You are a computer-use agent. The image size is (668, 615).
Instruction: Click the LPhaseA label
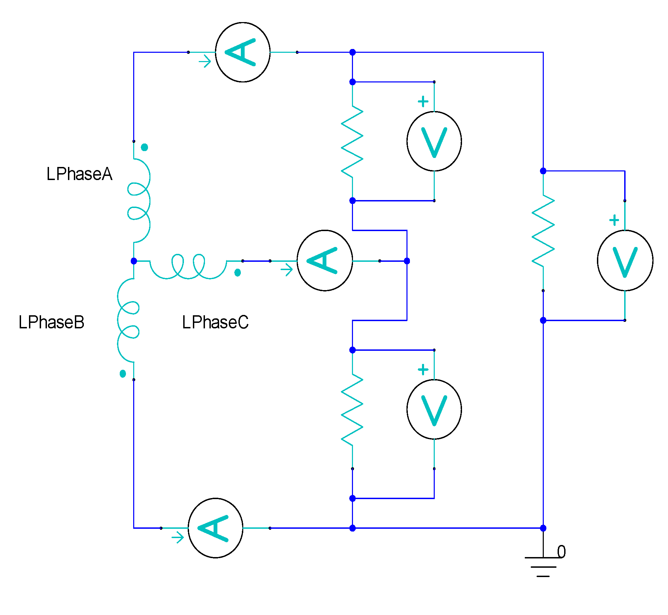click(79, 174)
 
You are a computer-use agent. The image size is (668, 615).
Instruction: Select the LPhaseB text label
click(51, 322)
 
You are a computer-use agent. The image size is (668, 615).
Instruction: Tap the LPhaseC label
click(215, 322)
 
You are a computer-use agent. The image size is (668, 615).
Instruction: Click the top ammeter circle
click(243, 52)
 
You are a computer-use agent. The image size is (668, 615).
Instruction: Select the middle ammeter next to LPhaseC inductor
click(324, 260)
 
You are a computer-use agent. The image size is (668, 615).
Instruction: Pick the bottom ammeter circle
click(215, 528)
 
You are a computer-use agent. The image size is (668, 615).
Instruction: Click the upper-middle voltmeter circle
click(434, 141)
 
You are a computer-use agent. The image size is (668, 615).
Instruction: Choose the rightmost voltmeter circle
click(625, 260)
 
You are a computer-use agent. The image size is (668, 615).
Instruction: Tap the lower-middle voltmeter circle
click(434, 409)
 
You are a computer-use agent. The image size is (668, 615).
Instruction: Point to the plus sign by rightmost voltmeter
click(614, 220)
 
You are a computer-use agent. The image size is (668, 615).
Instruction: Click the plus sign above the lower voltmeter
click(423, 370)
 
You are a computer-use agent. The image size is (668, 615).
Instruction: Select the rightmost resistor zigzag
click(543, 230)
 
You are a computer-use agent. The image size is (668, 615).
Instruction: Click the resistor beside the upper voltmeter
click(352, 141)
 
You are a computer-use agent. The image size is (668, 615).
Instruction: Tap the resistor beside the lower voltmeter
click(352, 409)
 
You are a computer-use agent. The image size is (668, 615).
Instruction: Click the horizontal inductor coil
click(188, 267)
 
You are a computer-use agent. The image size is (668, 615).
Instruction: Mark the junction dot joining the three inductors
click(134, 261)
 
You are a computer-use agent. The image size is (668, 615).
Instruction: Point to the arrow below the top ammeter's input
click(205, 62)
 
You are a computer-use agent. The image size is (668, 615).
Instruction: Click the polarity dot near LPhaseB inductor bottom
click(122, 374)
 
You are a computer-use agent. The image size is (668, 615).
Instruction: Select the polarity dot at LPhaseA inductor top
click(145, 147)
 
